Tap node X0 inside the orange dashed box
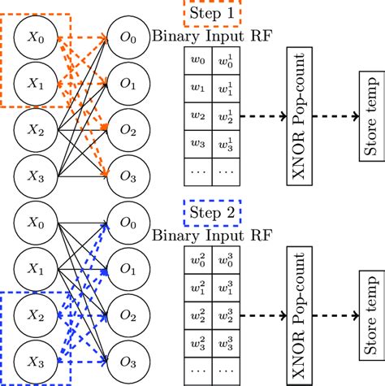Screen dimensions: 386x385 tap(34, 37)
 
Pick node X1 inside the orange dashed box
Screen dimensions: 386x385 tap(34, 82)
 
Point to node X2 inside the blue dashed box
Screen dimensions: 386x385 tap(34, 314)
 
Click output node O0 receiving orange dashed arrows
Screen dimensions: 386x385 tap(128, 37)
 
